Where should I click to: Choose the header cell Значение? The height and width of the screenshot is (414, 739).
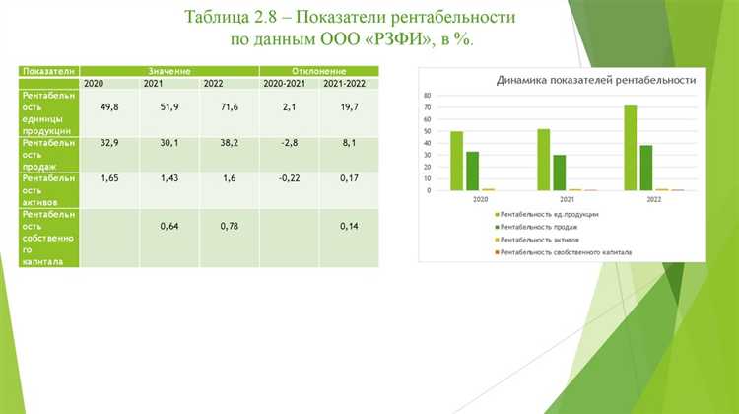(169, 71)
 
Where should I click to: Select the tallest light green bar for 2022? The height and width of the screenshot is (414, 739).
(630, 147)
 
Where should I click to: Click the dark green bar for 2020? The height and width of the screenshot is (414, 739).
(473, 171)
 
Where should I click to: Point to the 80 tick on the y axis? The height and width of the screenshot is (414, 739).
(428, 95)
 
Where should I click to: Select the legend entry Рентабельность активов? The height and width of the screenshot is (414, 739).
(546, 240)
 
